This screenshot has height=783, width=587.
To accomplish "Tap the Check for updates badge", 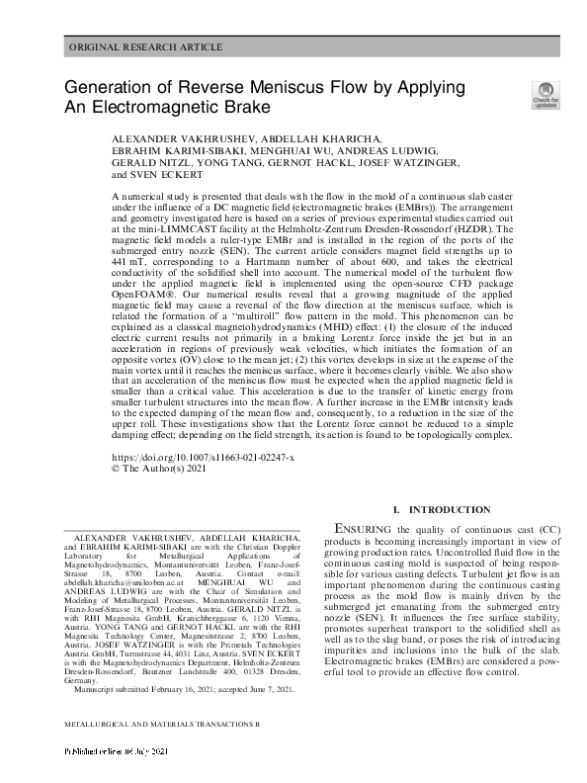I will (x=545, y=94).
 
